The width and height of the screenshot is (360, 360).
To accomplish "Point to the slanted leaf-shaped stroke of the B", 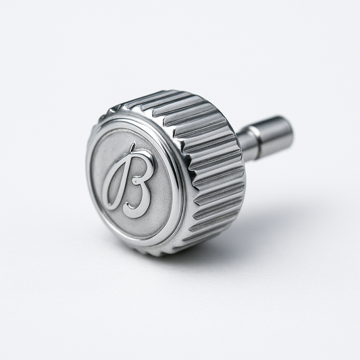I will (116, 183).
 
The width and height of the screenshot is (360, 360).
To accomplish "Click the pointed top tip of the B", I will (134, 146).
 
